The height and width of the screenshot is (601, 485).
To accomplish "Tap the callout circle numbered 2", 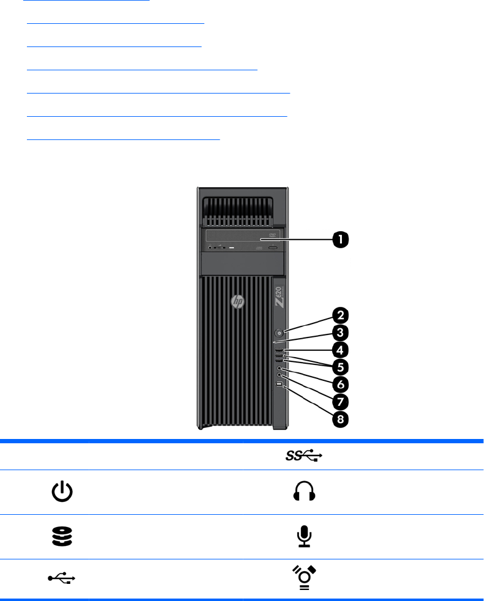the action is (x=340, y=315).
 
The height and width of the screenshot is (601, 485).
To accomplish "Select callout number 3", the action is (x=340, y=333).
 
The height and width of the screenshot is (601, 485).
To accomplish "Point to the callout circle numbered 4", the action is (x=340, y=350).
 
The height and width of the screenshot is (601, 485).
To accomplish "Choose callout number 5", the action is (x=340, y=367).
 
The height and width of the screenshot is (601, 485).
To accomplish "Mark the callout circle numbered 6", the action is (x=340, y=385).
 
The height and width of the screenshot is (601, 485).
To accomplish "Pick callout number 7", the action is (x=340, y=402).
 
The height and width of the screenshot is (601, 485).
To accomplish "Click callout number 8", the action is (x=340, y=419).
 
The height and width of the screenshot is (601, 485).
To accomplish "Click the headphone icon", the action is (x=304, y=492).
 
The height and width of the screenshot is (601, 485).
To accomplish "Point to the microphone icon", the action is (x=304, y=536).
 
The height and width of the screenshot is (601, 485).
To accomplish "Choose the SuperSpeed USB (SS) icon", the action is (x=304, y=455).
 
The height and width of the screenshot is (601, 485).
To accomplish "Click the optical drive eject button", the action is (x=273, y=248).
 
